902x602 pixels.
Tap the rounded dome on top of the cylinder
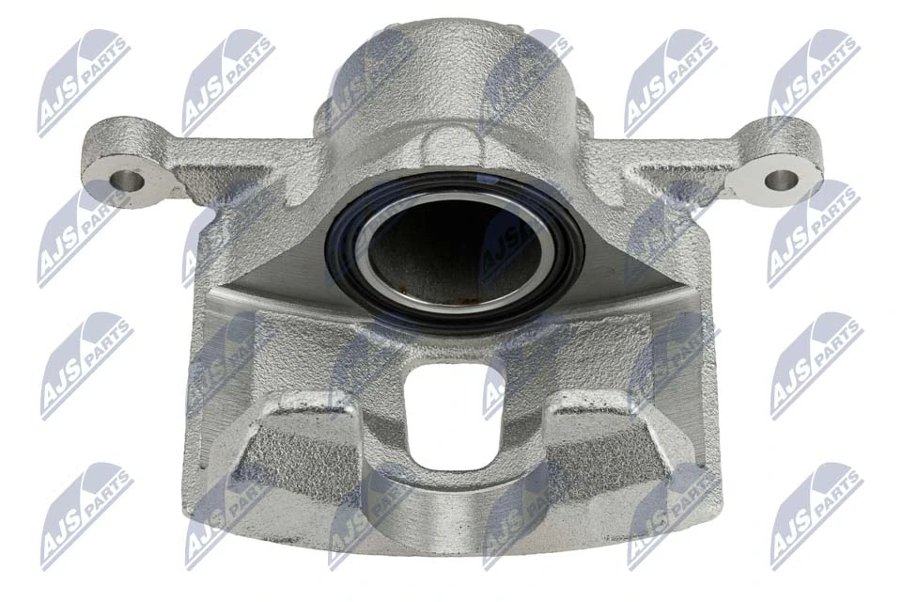click(451, 66)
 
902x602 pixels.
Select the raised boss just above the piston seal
click(452, 146)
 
